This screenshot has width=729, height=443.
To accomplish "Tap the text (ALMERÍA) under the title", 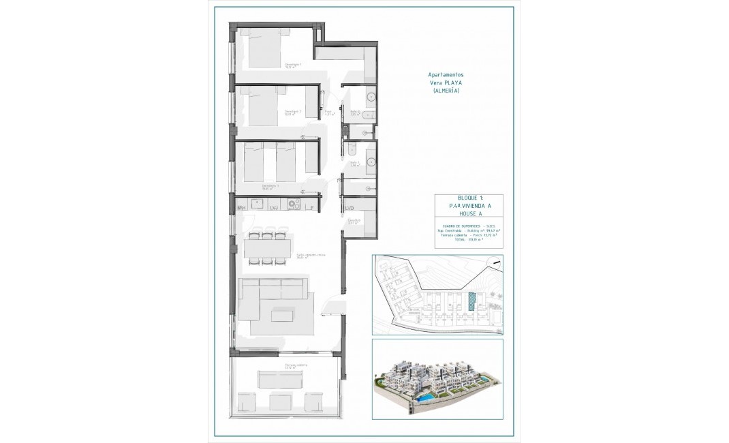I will pos(447,91).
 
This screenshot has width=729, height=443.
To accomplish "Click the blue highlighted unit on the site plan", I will pos(473,301).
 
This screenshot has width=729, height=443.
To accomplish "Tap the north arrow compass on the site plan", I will pos(497,262).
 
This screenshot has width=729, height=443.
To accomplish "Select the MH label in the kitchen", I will pos(241,207).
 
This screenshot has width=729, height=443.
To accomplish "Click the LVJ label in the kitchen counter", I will pos(275,207).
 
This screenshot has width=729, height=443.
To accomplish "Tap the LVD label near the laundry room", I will pos(350,207).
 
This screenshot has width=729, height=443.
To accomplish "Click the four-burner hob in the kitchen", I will pos(294,202).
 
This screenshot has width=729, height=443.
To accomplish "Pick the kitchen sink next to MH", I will pos(258,202).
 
